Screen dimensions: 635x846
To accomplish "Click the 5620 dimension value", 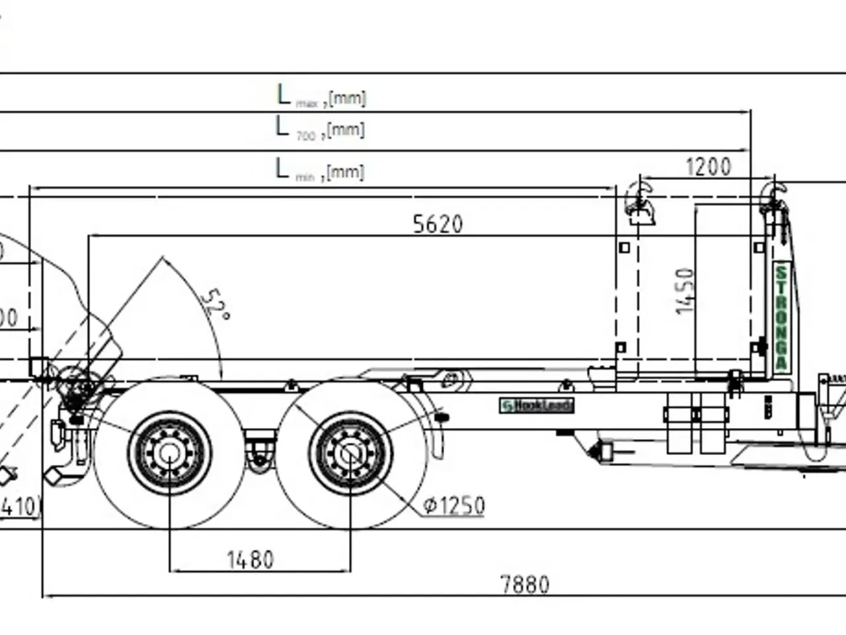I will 438,224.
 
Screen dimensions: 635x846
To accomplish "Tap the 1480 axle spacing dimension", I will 250,560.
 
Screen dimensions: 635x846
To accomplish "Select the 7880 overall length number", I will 525,585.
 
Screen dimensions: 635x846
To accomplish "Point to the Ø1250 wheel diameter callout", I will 454,506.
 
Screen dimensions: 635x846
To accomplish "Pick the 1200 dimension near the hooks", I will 709,167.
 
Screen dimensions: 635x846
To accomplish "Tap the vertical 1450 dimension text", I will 686,291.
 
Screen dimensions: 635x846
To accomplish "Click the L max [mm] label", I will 321,97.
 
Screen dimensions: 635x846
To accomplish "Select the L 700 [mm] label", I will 320,128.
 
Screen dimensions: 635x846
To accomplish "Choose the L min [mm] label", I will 320,171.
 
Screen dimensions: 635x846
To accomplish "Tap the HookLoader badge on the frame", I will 537,405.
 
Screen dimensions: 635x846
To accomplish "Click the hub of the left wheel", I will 169,454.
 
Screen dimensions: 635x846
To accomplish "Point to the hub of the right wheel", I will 350,454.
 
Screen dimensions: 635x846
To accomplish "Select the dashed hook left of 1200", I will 640,201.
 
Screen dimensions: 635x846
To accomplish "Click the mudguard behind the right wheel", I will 433,430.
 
